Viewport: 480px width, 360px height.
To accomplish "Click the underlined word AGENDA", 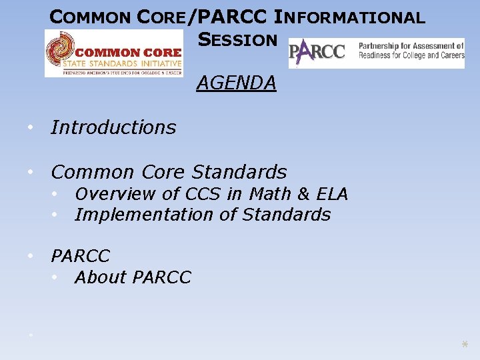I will [236, 83].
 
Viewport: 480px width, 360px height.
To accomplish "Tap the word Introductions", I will [113, 127].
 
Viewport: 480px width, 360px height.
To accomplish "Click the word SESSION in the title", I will [237, 39].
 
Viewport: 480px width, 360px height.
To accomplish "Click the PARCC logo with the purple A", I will [317, 52].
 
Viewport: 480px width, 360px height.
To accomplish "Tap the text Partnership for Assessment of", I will [411, 47].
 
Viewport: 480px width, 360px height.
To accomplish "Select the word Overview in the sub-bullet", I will [107, 194].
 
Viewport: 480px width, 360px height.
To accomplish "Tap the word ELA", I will [333, 194].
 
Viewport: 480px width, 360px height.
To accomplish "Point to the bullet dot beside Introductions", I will [31, 127].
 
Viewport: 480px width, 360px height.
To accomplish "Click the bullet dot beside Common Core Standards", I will [31, 172].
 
